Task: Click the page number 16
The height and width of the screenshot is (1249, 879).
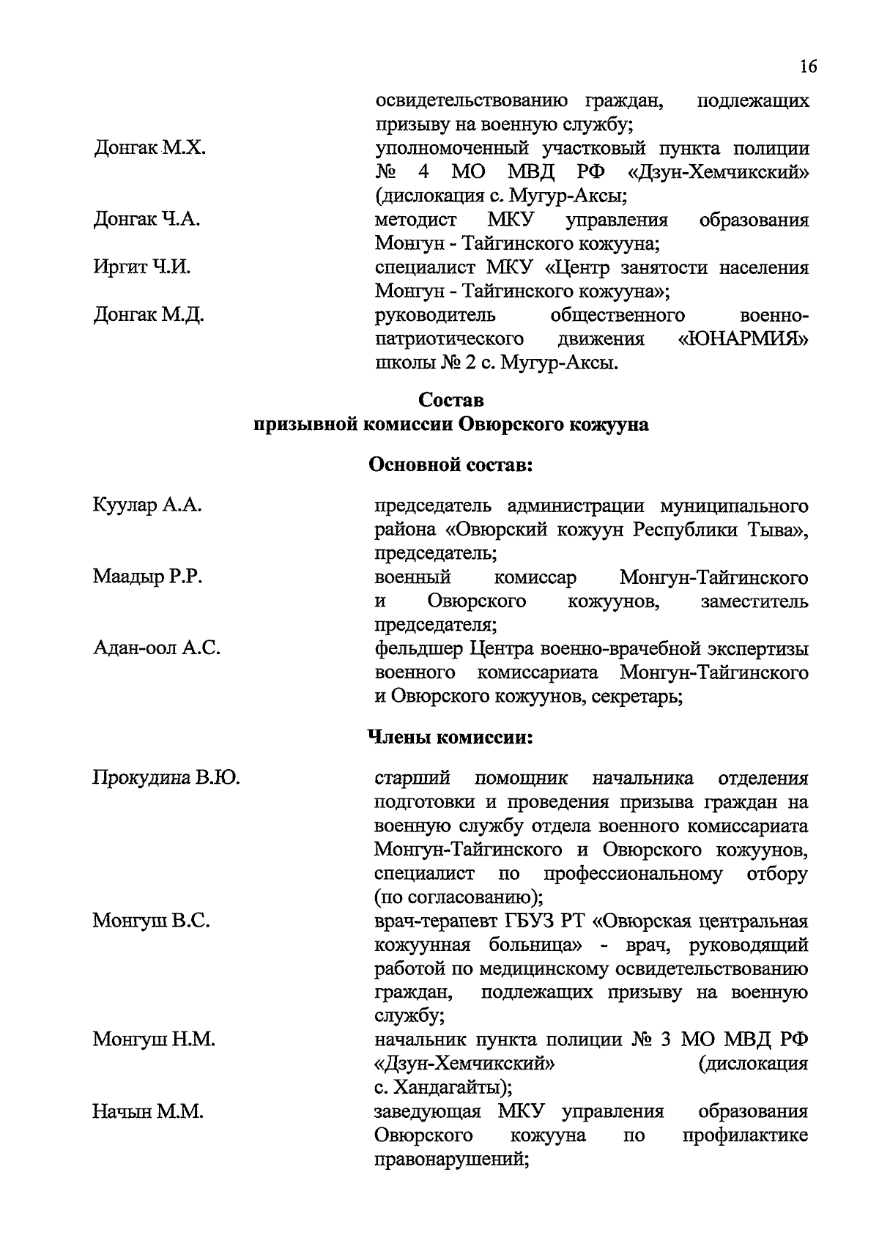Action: (808, 67)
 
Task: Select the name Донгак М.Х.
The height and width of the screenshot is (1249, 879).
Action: (149, 149)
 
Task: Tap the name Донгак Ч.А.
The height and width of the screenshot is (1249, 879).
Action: (146, 220)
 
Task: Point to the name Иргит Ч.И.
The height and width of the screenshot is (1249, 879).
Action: (141, 267)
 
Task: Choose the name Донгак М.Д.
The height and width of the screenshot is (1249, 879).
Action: (149, 315)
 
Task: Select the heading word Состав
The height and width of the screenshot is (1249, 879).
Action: (451, 400)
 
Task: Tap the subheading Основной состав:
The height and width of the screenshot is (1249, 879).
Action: (450, 465)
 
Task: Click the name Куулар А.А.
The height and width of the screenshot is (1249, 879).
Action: (146, 505)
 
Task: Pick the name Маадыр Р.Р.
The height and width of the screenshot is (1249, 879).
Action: (147, 577)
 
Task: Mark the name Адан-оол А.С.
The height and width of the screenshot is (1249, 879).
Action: (156, 648)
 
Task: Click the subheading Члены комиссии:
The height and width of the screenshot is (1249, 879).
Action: (450, 738)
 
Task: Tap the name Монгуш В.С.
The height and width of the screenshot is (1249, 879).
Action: (151, 921)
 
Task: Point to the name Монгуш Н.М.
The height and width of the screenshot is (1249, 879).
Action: (153, 1039)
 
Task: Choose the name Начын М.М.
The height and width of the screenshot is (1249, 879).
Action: (147, 1111)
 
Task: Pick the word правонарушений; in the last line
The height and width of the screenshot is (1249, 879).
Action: (451, 1159)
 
